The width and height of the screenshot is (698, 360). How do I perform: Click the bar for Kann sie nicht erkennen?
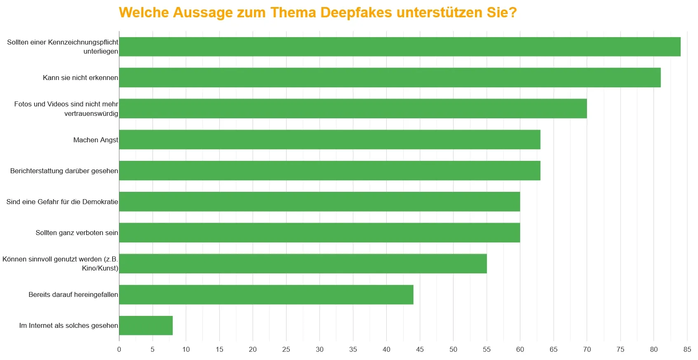pos(390,78)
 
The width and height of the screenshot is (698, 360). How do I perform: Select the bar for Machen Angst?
pos(329,140)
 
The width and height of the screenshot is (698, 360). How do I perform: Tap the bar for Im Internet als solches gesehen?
pos(146,325)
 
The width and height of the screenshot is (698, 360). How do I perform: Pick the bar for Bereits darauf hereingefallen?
pos(266,294)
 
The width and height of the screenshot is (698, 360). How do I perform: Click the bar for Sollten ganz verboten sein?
pos(320,233)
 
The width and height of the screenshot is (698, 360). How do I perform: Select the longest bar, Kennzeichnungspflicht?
pos(400,47)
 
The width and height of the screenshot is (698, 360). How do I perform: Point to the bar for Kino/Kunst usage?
pos(303,264)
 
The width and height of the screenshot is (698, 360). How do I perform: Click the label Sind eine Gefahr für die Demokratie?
pos(62,202)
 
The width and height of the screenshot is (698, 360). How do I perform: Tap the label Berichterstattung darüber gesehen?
pos(64,171)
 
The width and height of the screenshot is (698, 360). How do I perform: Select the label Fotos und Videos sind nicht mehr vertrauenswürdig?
pos(66,109)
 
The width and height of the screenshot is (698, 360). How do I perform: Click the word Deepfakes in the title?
pos(356,12)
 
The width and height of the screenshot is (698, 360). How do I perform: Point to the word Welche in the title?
pos(143,12)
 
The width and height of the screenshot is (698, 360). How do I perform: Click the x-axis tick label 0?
pos(119,349)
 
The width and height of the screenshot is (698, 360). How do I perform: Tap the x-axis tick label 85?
pos(687,349)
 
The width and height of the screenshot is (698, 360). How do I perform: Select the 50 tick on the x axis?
pos(453,349)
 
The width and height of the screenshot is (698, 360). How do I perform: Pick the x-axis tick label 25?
pos(286,349)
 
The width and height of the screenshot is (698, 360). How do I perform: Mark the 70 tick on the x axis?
pos(587,349)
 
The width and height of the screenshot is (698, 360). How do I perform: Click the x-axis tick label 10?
pos(186,349)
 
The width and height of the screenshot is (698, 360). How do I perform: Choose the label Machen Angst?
pos(96,140)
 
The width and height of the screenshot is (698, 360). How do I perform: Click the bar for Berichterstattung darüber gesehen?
pos(329,171)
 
